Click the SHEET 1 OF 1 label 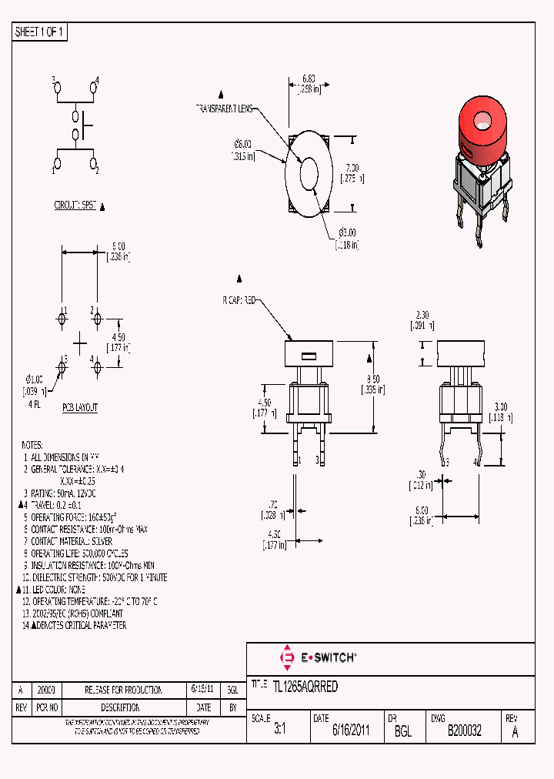click(x=40, y=32)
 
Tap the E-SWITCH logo click(x=318, y=657)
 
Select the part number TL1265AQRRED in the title click(x=305, y=687)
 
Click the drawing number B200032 click(x=464, y=731)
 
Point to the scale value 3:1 click(x=279, y=731)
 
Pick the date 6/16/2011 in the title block click(x=351, y=731)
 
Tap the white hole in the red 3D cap click(x=482, y=120)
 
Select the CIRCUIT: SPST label click(x=75, y=206)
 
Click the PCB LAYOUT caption click(x=80, y=407)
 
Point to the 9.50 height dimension click(x=372, y=379)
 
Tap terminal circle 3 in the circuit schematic click(x=58, y=89)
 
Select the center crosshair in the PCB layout click(x=80, y=342)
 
